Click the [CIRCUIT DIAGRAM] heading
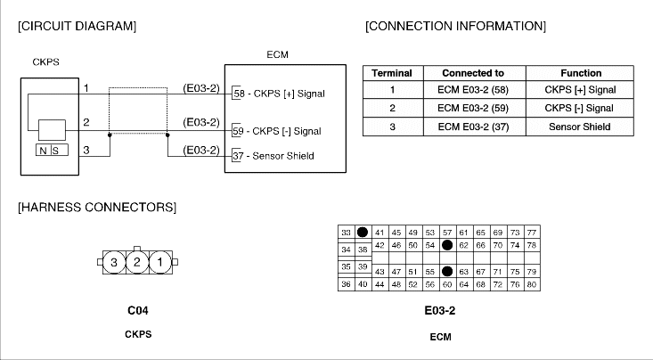coord(77,26)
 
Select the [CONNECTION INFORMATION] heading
coord(455,26)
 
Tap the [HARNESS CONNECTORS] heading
coord(96,208)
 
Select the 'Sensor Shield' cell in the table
coord(581,127)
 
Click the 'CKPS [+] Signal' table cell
coord(581,91)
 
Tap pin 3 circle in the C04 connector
coord(114,262)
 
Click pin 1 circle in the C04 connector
coord(158,262)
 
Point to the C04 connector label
coord(136,312)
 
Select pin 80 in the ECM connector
coord(531,284)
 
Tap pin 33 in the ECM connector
coord(346,232)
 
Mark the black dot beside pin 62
coord(447,244)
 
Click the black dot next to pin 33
coord(363,232)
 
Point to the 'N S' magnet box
coord(50,150)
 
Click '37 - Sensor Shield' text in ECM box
coord(273,156)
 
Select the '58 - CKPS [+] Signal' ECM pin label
coord(278,93)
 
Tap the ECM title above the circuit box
coord(277,54)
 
